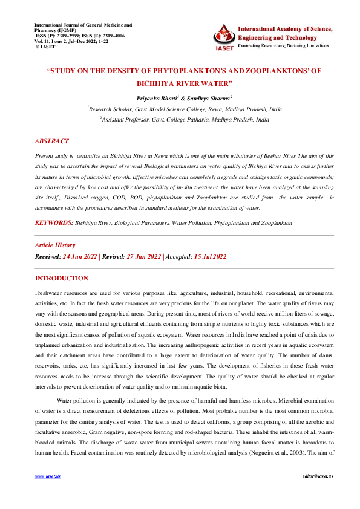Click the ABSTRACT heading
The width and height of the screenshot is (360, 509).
point(51,141)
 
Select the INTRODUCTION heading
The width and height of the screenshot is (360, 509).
point(62,279)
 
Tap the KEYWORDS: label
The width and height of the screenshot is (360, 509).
point(54,223)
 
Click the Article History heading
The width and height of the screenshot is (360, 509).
point(55,245)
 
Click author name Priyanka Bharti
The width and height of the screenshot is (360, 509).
point(155,97)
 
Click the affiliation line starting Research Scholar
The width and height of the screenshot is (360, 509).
point(185,109)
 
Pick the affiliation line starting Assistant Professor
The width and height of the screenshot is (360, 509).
point(185,120)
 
